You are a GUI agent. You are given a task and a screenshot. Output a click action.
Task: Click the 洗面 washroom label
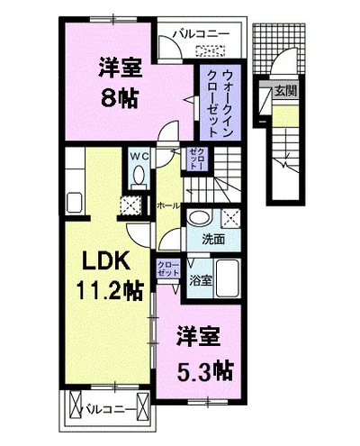212,241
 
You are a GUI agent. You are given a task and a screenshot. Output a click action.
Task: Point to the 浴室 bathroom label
200,280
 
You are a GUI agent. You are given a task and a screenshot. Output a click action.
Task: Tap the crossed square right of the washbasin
230,218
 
